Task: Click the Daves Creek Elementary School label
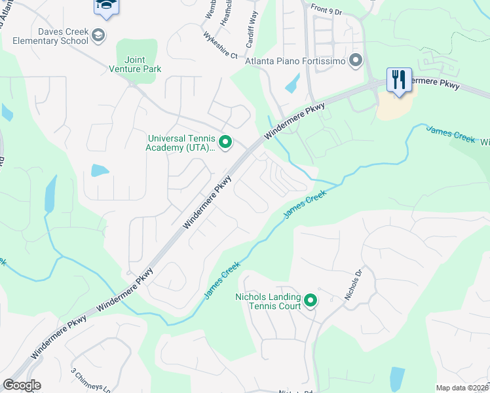pos(54,36)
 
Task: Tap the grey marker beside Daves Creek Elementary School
pos(98,35)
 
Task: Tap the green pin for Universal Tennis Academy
pos(225,142)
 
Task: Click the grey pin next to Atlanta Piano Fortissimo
pos(356,62)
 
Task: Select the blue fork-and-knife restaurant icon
pos(398,79)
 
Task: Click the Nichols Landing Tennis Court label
pos(268,301)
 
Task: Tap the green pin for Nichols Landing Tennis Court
pos(311,301)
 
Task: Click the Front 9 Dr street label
pos(328,9)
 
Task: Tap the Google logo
pos(22,385)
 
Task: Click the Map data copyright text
pos(462,388)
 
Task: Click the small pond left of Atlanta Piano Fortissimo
pos(292,83)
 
